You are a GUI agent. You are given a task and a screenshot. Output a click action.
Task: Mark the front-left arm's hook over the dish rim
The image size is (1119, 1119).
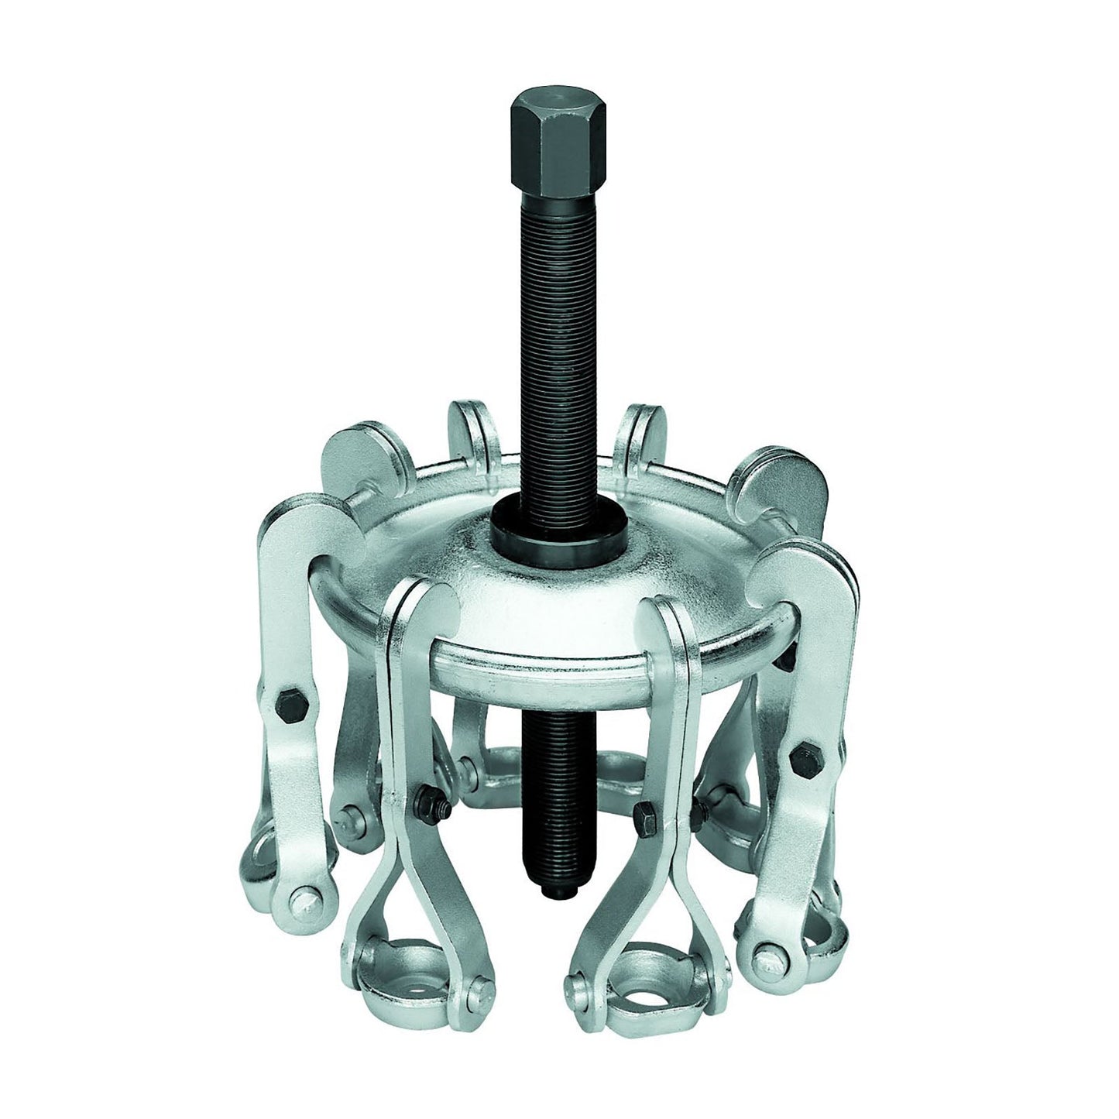click(422, 612)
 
